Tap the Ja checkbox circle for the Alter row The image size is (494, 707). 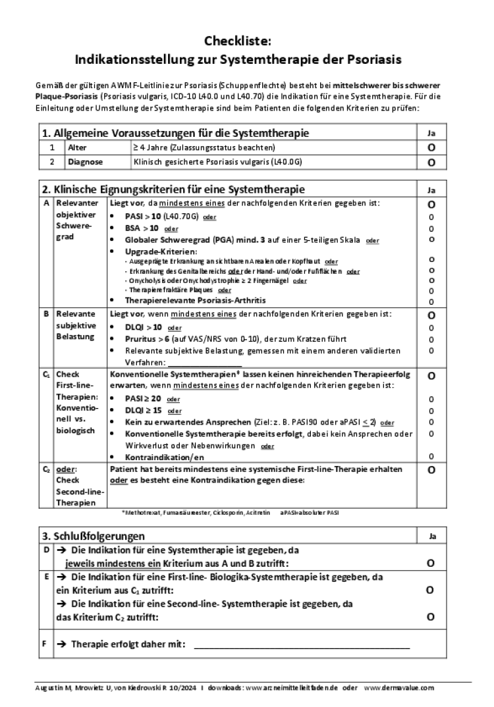click(x=431, y=148)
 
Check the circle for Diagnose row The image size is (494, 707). click(x=431, y=161)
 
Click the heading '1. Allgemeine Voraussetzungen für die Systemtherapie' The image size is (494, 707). click(x=175, y=133)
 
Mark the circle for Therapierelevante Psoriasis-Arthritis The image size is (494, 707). click(x=431, y=301)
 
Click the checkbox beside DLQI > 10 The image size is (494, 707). click(x=431, y=328)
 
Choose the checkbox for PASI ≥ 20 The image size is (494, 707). click(x=431, y=399)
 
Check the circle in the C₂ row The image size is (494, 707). click(x=431, y=470)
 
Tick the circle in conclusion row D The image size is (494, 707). click(x=430, y=563)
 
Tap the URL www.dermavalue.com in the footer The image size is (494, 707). click(x=399, y=688)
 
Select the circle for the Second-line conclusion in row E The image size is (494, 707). click(x=430, y=617)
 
